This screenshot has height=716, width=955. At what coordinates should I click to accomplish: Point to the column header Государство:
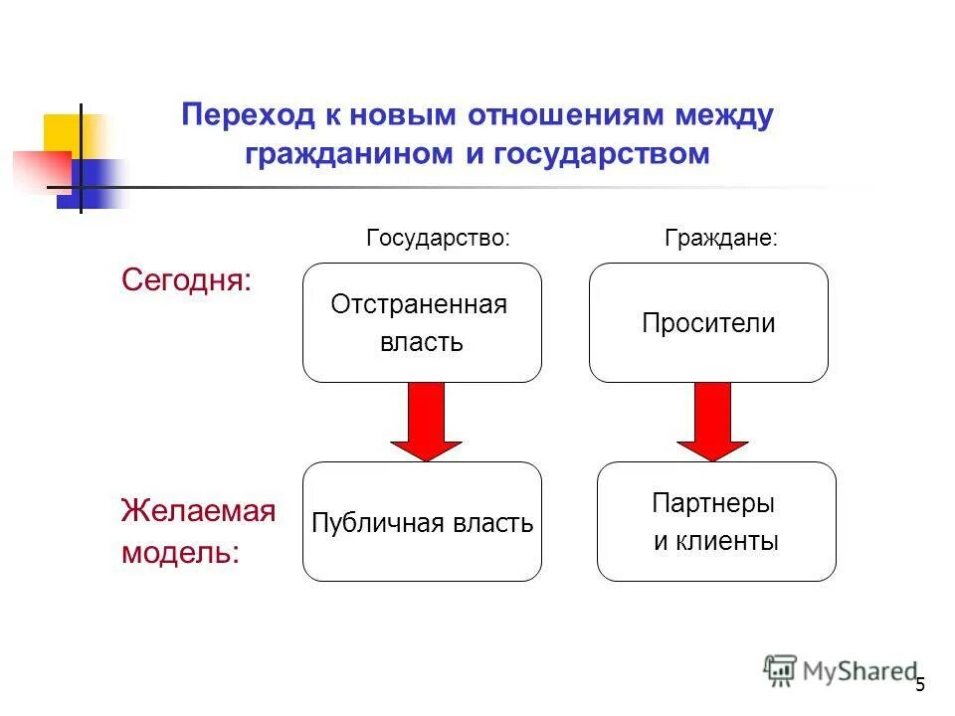coord(438,239)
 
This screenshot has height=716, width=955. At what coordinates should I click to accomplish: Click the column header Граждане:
coord(720,239)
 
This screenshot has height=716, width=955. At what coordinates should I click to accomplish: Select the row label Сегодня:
coord(187,280)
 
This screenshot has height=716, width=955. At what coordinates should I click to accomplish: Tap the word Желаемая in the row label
coord(198,511)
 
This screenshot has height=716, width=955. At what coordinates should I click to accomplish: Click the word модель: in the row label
coord(180,553)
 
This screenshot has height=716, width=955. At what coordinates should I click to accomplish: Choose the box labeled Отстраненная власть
coord(422,323)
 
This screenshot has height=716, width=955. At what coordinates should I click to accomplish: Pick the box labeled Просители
coord(708,323)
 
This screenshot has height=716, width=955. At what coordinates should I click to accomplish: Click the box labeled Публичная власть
coord(422,522)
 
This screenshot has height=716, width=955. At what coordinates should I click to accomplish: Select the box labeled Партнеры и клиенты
coord(716,522)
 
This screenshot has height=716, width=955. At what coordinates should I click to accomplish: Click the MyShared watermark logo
coord(840,671)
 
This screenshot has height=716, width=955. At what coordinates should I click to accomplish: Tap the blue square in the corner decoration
coord(90,184)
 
